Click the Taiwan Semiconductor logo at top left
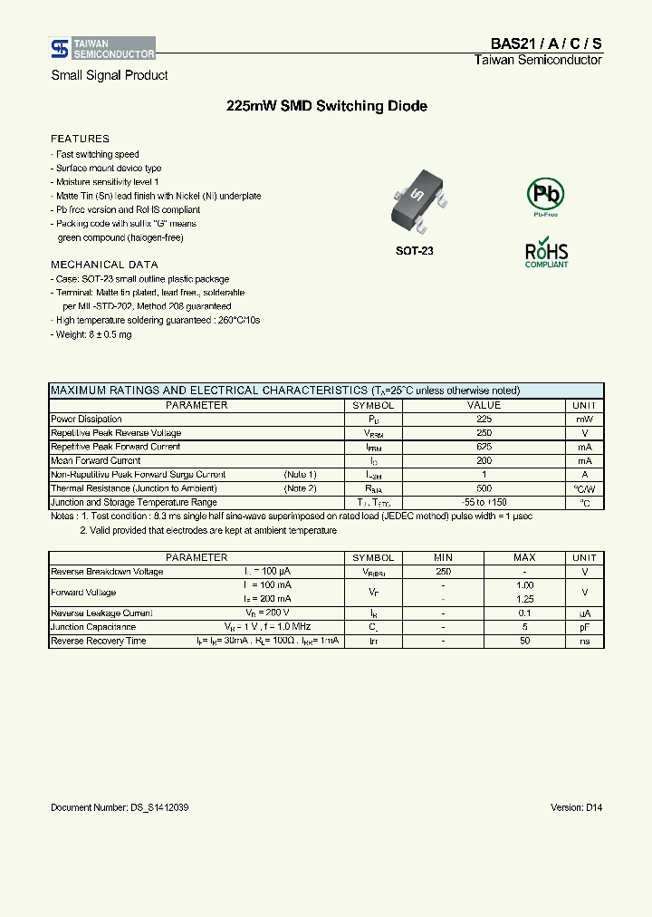click(x=102, y=48)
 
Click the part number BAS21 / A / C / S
click(x=546, y=43)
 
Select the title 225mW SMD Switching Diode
click(x=326, y=106)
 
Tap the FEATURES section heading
click(x=80, y=139)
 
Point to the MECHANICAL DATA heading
click(x=104, y=265)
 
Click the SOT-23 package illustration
click(x=415, y=205)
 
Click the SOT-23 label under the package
click(x=415, y=250)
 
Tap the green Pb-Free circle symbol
click(x=545, y=195)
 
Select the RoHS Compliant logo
click(x=546, y=254)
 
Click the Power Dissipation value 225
click(x=484, y=420)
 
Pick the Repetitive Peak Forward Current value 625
click(x=484, y=447)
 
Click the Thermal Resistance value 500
click(x=484, y=488)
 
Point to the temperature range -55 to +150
click(x=484, y=502)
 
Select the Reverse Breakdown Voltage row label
click(x=107, y=572)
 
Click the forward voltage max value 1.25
click(x=524, y=599)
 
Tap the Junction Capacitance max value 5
click(x=524, y=627)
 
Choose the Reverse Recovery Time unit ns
click(x=585, y=641)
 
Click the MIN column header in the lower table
click(x=443, y=558)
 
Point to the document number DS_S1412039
click(x=120, y=807)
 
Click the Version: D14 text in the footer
click(x=576, y=807)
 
